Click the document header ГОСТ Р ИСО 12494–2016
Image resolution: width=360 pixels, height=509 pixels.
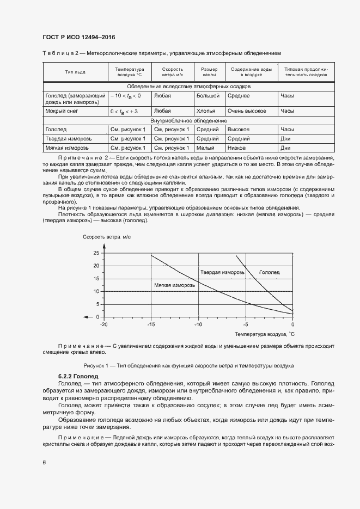(x=78, y=37)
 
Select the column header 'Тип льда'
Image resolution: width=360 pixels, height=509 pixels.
(x=75, y=72)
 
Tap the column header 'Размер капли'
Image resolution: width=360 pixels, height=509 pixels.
(x=209, y=72)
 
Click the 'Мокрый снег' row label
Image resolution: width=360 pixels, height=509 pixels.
(x=60, y=111)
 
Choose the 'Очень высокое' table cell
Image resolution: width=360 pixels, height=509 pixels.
(x=247, y=111)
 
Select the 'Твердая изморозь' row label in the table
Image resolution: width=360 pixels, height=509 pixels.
(x=68, y=139)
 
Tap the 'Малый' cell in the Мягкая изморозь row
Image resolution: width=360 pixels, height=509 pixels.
(x=205, y=148)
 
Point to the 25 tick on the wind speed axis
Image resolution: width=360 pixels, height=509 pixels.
(x=96, y=253)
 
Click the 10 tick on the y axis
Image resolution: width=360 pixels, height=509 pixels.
(x=96, y=291)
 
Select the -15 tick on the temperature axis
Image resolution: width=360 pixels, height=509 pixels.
(x=150, y=324)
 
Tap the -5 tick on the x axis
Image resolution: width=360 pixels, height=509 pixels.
(x=246, y=324)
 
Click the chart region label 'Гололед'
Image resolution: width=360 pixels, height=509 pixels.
(x=269, y=272)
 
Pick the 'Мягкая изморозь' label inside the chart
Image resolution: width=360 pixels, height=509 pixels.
(x=174, y=285)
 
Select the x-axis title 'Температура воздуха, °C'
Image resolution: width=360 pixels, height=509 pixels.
(x=264, y=333)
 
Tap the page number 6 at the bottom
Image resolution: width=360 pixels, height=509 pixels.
(x=44, y=462)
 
